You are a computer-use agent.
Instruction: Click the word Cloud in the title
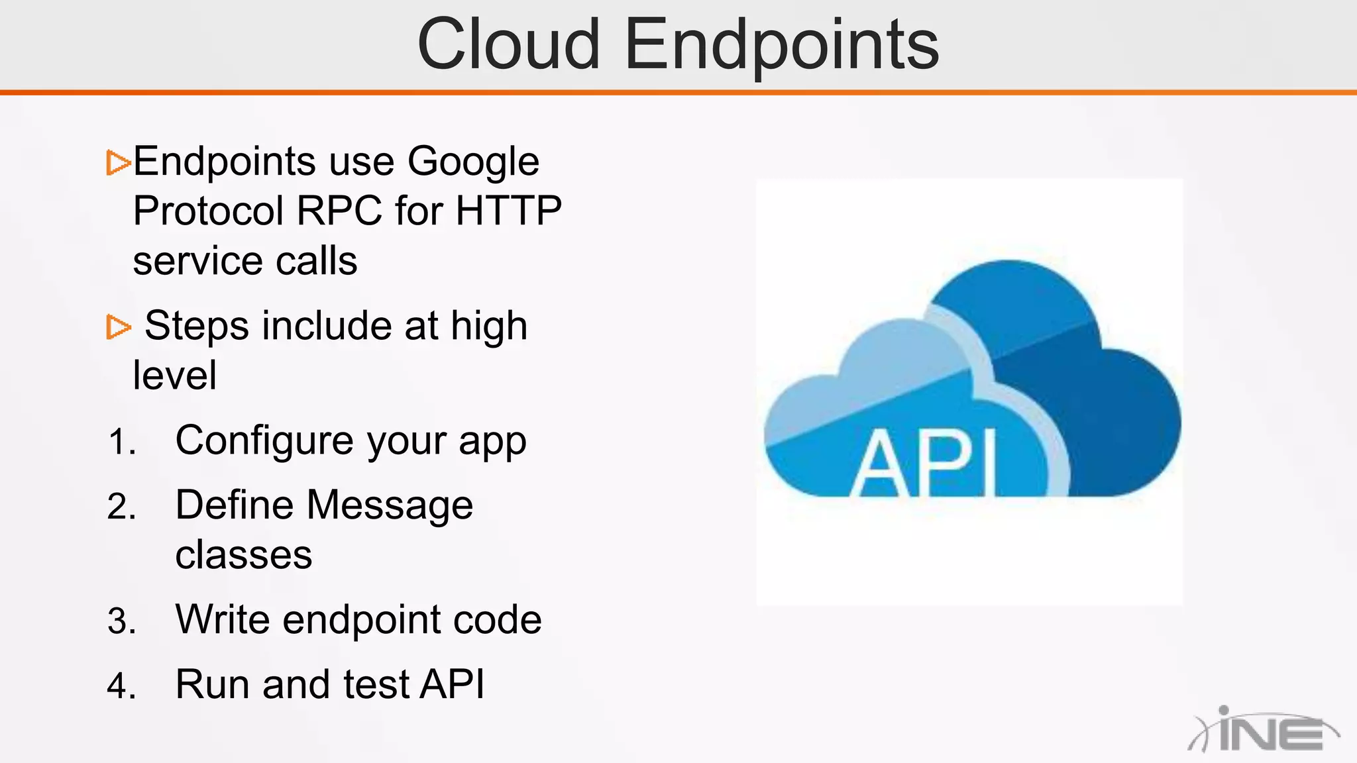click(508, 45)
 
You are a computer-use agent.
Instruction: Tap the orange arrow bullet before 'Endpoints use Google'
click(119, 162)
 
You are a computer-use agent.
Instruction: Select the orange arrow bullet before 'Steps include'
click(119, 327)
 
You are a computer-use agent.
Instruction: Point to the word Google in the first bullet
click(473, 162)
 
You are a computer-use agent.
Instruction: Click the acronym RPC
click(339, 211)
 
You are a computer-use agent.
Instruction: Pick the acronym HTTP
click(508, 211)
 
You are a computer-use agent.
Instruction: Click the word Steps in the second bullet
click(197, 327)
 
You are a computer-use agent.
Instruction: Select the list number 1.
click(121, 442)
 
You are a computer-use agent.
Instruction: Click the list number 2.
click(121, 507)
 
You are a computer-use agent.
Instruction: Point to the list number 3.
click(121, 622)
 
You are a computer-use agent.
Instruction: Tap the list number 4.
click(121, 686)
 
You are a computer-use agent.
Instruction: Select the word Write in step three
click(222, 621)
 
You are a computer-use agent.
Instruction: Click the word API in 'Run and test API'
click(453, 685)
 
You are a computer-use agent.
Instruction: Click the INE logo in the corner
click(1263, 731)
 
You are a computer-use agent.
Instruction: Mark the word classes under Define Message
click(243, 555)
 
